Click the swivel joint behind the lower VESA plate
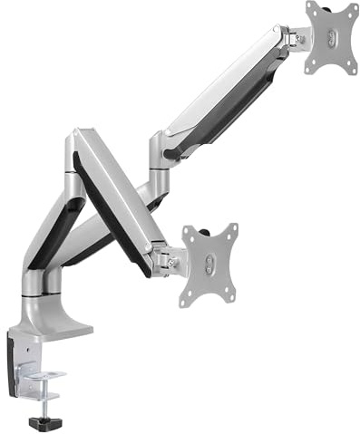click(x=167, y=259)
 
